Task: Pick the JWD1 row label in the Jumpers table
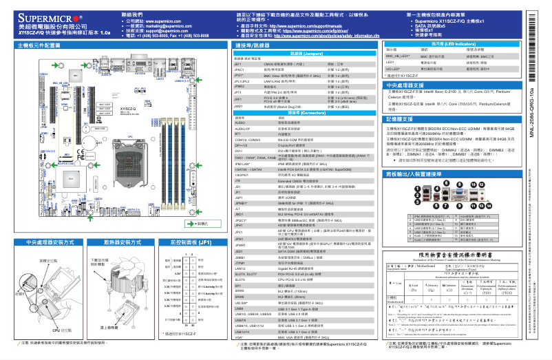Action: (x=240, y=107)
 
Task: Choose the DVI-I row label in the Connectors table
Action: (x=240, y=151)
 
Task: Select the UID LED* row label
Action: (x=394, y=69)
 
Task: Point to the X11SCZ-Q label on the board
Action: (x=129, y=109)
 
